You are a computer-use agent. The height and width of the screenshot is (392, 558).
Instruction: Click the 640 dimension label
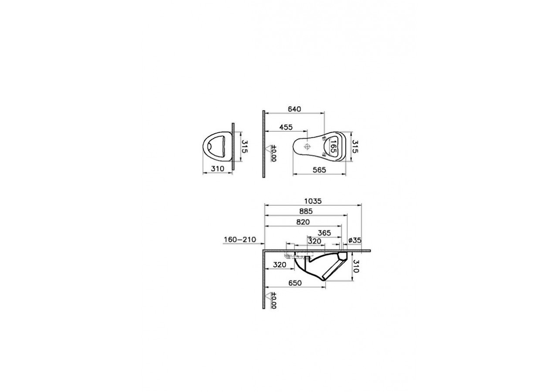point(294,109)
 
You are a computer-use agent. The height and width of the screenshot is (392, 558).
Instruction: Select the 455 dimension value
point(286,127)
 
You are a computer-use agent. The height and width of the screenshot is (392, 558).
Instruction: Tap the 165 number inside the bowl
point(333,147)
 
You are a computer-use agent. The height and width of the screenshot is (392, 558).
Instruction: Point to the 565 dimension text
point(319,170)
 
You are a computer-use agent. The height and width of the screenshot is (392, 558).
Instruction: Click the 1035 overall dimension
point(313,201)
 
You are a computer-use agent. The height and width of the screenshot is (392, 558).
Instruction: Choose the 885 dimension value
point(306,211)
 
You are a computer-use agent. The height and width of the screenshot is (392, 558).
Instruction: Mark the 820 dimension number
point(303,222)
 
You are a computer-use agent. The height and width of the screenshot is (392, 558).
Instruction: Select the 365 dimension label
point(324,233)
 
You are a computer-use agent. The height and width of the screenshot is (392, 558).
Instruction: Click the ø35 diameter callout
point(355,240)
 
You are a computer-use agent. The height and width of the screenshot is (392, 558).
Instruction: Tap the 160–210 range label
point(240,240)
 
